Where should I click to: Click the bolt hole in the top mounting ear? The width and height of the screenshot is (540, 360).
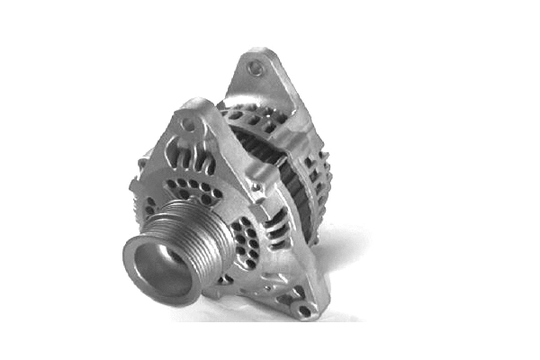click(x=256, y=67)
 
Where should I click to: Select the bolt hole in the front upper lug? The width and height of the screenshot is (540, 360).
click(x=188, y=124)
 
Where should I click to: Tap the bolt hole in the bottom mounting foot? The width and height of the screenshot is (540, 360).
click(x=305, y=310)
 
